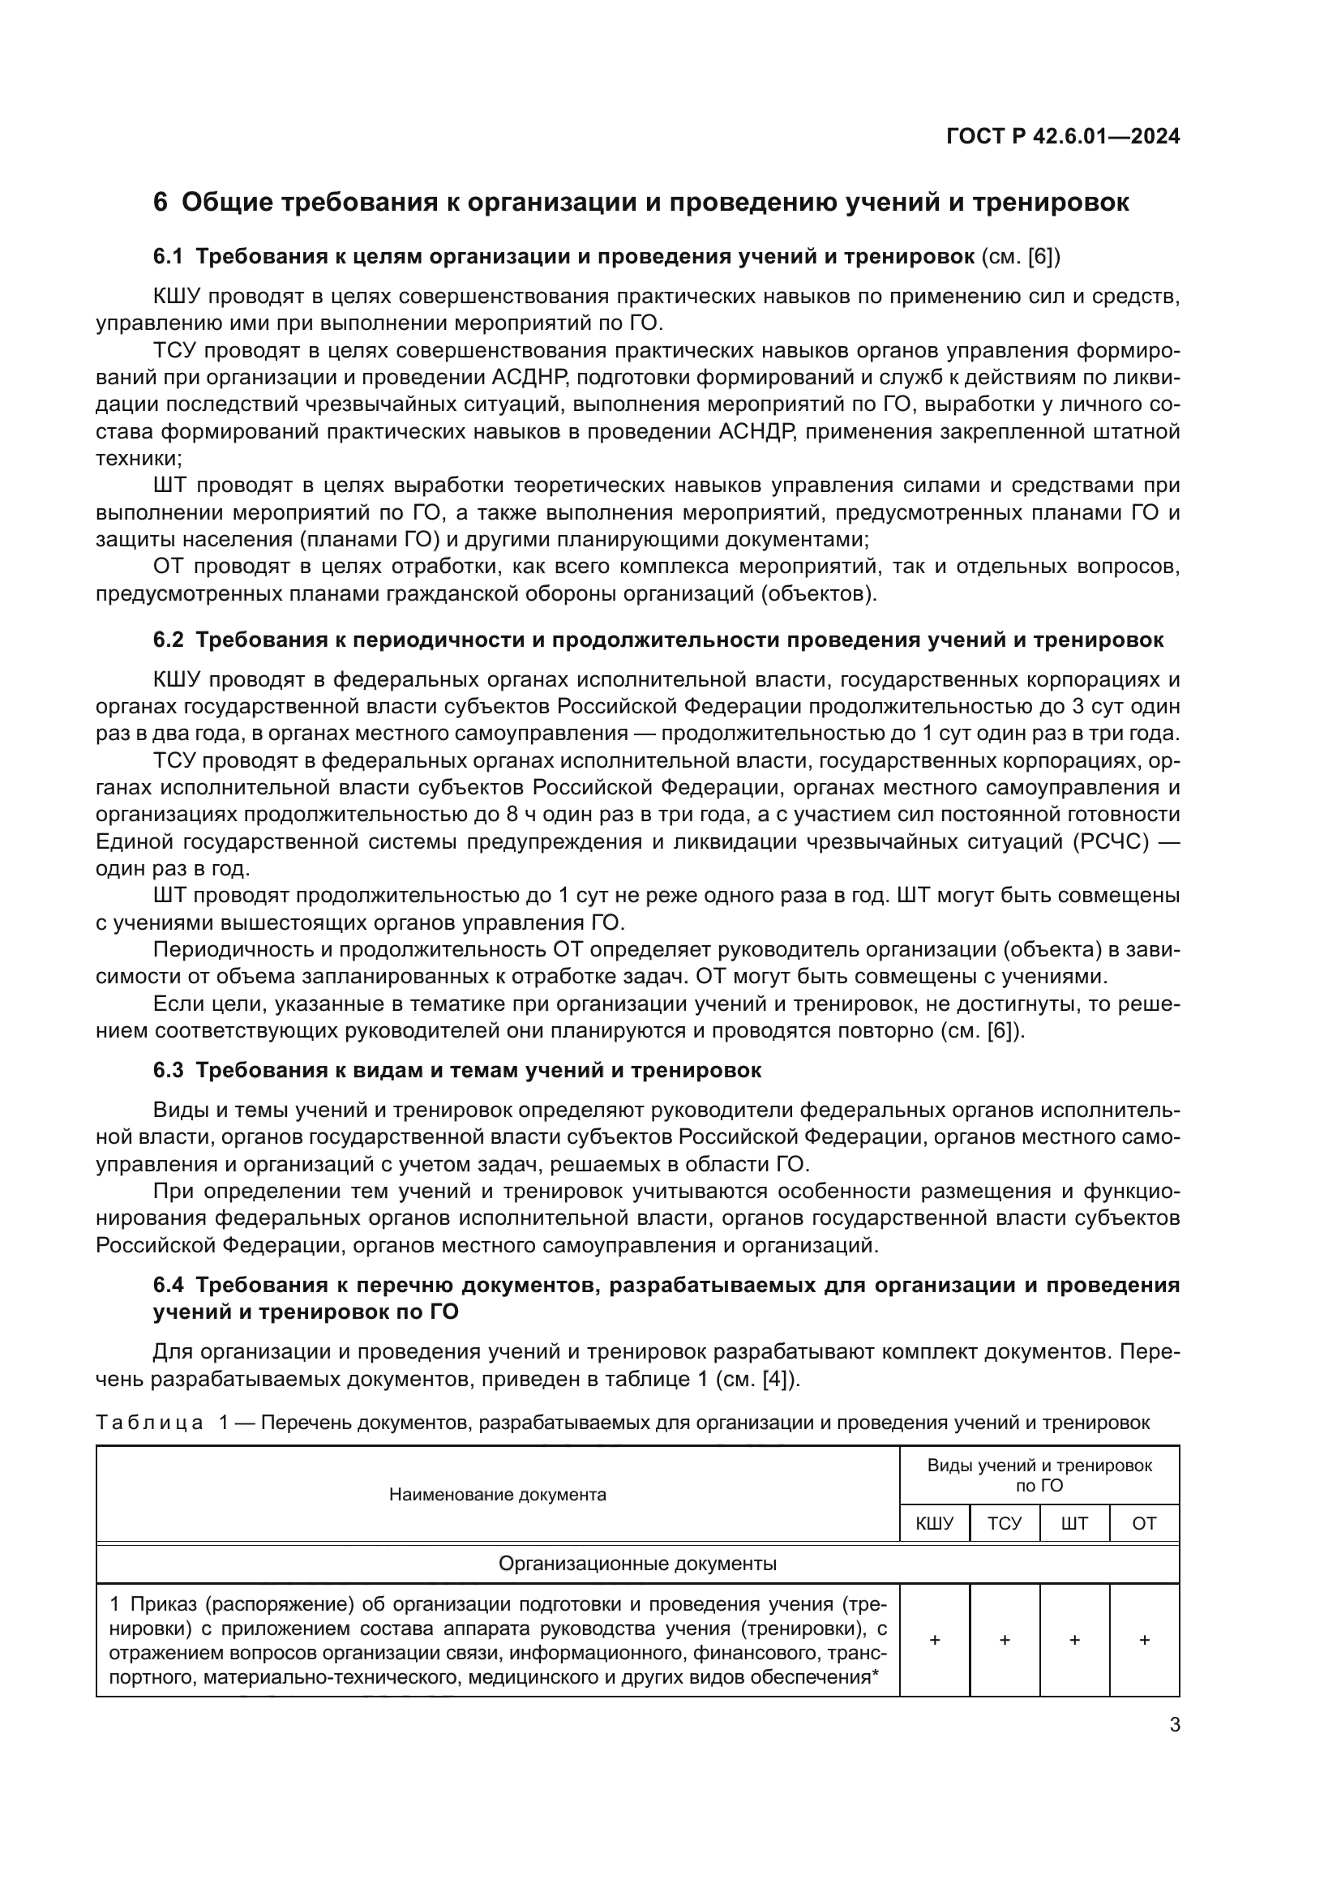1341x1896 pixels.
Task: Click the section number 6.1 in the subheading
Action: click(168, 257)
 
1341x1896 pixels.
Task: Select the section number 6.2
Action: click(168, 640)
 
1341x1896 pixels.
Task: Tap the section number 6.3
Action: click(168, 1071)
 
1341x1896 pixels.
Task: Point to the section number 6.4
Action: click(168, 1286)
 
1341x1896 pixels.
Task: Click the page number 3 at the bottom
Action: click(1174, 1725)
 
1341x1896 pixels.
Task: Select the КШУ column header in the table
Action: click(934, 1524)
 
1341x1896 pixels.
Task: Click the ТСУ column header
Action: click(1004, 1524)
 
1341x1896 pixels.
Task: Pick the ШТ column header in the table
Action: click(1073, 1524)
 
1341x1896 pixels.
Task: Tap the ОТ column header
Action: click(1144, 1524)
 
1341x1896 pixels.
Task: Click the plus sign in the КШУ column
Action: click(934, 1641)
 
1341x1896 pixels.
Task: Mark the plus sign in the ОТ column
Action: click(1144, 1641)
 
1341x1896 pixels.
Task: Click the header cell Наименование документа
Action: click(497, 1495)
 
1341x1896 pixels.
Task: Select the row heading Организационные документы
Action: click(637, 1564)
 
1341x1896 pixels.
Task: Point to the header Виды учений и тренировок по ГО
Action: click(1039, 1475)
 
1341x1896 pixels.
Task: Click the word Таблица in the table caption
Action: click(149, 1423)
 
